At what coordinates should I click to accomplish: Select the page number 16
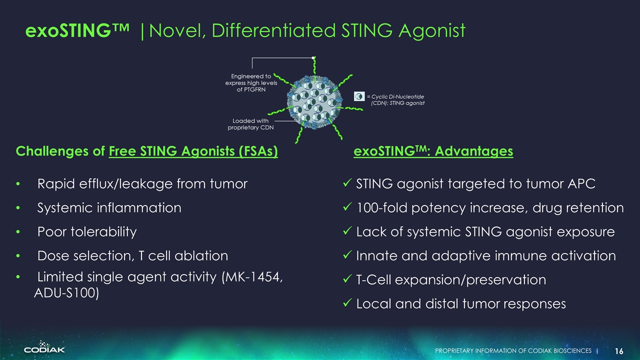(x=619, y=351)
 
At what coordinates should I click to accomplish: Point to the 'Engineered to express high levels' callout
(x=251, y=83)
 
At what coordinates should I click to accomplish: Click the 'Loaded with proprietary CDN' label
(x=250, y=124)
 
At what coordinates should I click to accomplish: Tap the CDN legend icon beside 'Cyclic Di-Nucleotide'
(x=359, y=96)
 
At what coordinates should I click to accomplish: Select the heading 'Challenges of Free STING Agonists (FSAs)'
(x=147, y=151)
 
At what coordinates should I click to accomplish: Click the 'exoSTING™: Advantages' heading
(x=433, y=151)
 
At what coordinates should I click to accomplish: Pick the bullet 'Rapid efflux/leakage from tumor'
(x=142, y=184)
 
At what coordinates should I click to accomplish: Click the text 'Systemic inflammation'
(x=109, y=207)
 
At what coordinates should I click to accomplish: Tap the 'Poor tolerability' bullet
(x=87, y=231)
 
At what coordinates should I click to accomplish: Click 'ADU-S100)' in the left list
(x=66, y=293)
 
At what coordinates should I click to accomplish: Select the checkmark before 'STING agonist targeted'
(x=347, y=184)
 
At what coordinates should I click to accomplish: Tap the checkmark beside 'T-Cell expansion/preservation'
(x=347, y=280)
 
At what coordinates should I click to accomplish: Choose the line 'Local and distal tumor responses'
(x=460, y=303)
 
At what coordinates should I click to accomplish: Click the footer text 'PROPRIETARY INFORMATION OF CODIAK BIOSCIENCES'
(x=513, y=351)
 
